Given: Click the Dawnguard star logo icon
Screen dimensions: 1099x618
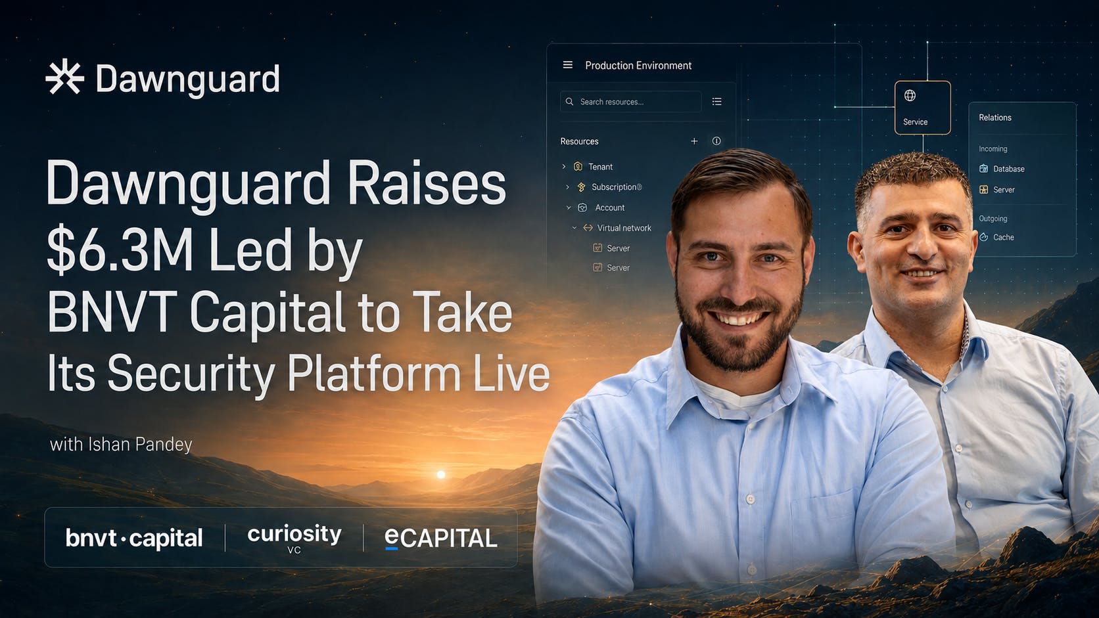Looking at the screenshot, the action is [65, 76].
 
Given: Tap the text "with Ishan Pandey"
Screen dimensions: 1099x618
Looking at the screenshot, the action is [121, 445].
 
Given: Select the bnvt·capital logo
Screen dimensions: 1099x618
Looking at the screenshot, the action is [134, 538].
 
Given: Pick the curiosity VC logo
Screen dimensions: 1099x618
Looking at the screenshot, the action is [294, 538].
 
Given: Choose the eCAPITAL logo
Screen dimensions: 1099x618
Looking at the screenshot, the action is [441, 539].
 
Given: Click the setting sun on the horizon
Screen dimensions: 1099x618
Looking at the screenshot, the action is [441, 474].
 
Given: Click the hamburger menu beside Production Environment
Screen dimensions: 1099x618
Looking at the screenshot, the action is [568, 65].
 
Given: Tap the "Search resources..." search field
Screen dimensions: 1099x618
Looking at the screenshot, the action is [630, 101].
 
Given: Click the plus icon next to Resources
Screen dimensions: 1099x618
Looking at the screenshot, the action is [694, 141].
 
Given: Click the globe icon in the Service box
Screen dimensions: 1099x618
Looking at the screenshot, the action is [910, 95].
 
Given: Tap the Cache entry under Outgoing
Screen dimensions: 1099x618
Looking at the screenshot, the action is [996, 237].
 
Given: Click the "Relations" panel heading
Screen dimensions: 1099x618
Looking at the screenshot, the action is [995, 118].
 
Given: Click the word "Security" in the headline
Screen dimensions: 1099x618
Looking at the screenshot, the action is [191, 374].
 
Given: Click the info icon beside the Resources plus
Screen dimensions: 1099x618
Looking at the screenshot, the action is [716, 141].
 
